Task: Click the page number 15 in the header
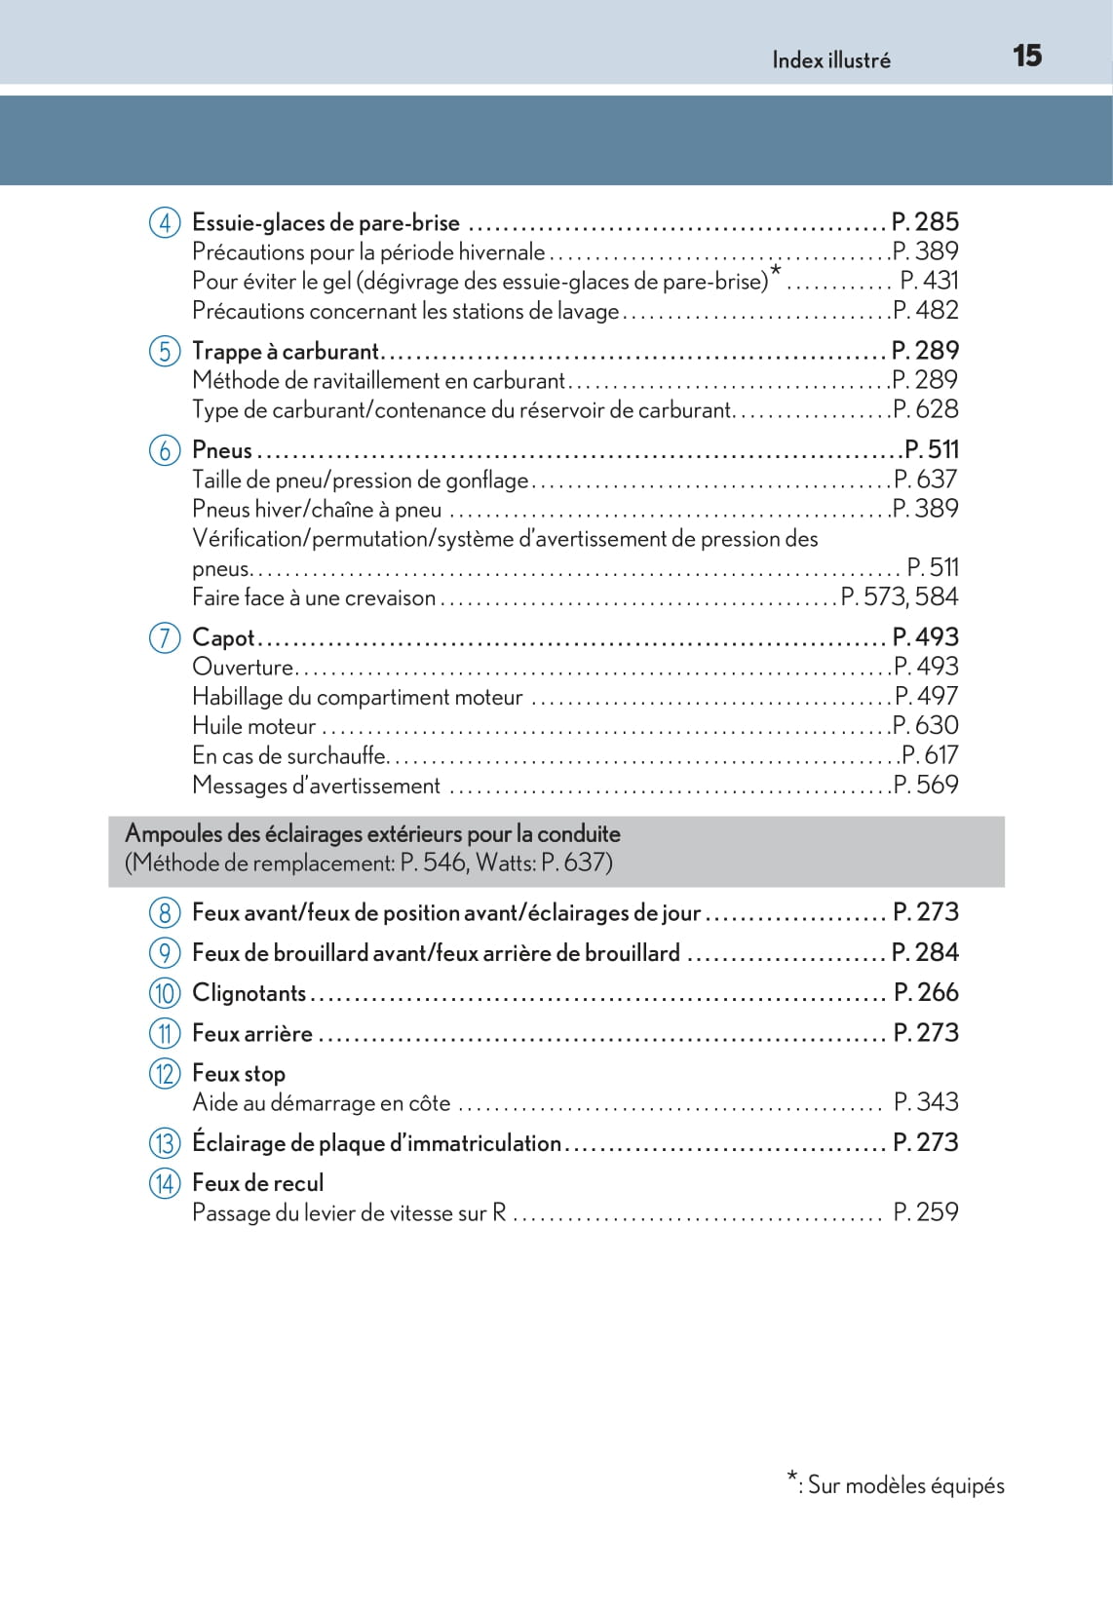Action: (x=1026, y=56)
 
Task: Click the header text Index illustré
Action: (x=830, y=60)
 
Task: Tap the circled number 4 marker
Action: (x=165, y=222)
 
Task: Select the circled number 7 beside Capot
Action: (x=165, y=637)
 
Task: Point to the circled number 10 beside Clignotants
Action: (x=165, y=993)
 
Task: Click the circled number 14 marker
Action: (x=165, y=1183)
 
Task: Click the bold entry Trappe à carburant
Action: (x=285, y=351)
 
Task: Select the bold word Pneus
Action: (x=222, y=450)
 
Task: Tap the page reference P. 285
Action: (x=925, y=222)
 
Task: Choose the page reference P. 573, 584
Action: (x=899, y=596)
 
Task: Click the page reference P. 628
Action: (x=925, y=409)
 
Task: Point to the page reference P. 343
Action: (x=926, y=1102)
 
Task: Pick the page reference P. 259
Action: (x=926, y=1212)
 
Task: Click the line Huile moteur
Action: (x=253, y=726)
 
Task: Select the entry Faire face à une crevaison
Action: (x=313, y=597)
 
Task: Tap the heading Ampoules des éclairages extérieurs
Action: (x=372, y=834)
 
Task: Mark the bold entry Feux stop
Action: (x=239, y=1074)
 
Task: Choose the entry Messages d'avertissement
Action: (x=316, y=786)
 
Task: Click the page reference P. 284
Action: (x=925, y=952)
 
